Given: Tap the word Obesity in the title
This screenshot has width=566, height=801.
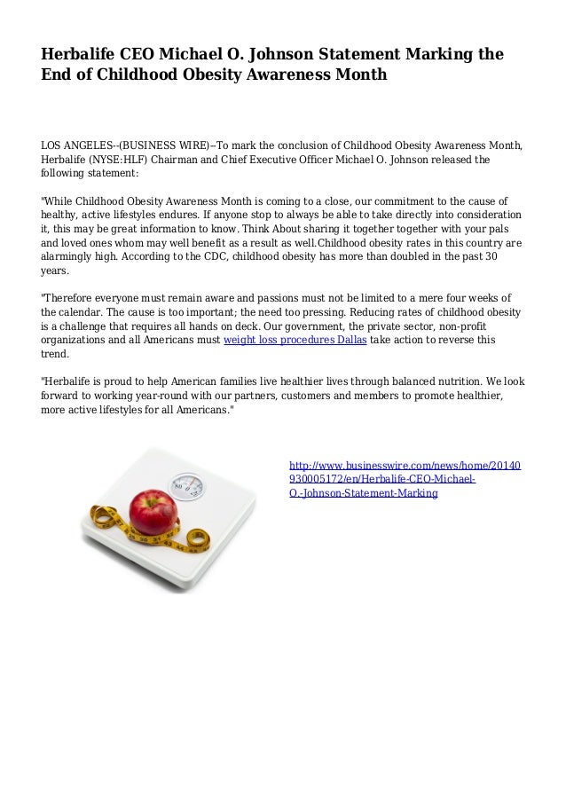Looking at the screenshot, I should tap(233, 75).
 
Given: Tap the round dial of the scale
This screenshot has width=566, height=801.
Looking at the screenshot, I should tap(186, 484).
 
